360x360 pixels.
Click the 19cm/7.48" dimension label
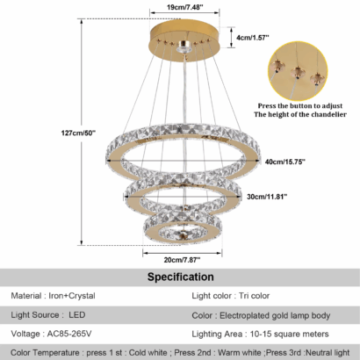pyautogui.click(x=185, y=7)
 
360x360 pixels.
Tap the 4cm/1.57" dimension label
pyautogui.click(x=253, y=38)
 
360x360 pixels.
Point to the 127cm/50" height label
pyautogui.click(x=78, y=133)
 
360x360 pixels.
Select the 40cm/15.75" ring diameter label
pyautogui.click(x=285, y=162)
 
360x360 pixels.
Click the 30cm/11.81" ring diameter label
pyautogui.click(x=267, y=197)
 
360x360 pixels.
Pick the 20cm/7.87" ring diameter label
pyautogui.click(x=182, y=260)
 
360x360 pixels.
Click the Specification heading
pyautogui.click(x=180, y=277)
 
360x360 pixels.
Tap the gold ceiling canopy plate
pyautogui.click(x=184, y=40)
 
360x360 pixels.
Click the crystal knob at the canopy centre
pyautogui.click(x=184, y=47)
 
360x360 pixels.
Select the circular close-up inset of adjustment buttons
pyautogui.click(x=298, y=71)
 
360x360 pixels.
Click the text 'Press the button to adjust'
pyautogui.click(x=300, y=105)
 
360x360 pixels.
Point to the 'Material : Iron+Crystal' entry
pyautogui.click(x=53, y=296)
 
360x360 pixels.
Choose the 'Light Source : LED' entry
pyautogui.click(x=48, y=315)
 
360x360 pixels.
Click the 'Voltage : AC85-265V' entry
pyautogui.click(x=51, y=334)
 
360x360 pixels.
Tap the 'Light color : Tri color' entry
pyautogui.click(x=231, y=296)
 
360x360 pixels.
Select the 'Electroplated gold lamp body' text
pyautogui.click(x=275, y=315)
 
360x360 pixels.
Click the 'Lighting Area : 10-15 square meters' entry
pyautogui.click(x=260, y=334)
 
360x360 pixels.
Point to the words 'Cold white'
pyautogui.click(x=148, y=353)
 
